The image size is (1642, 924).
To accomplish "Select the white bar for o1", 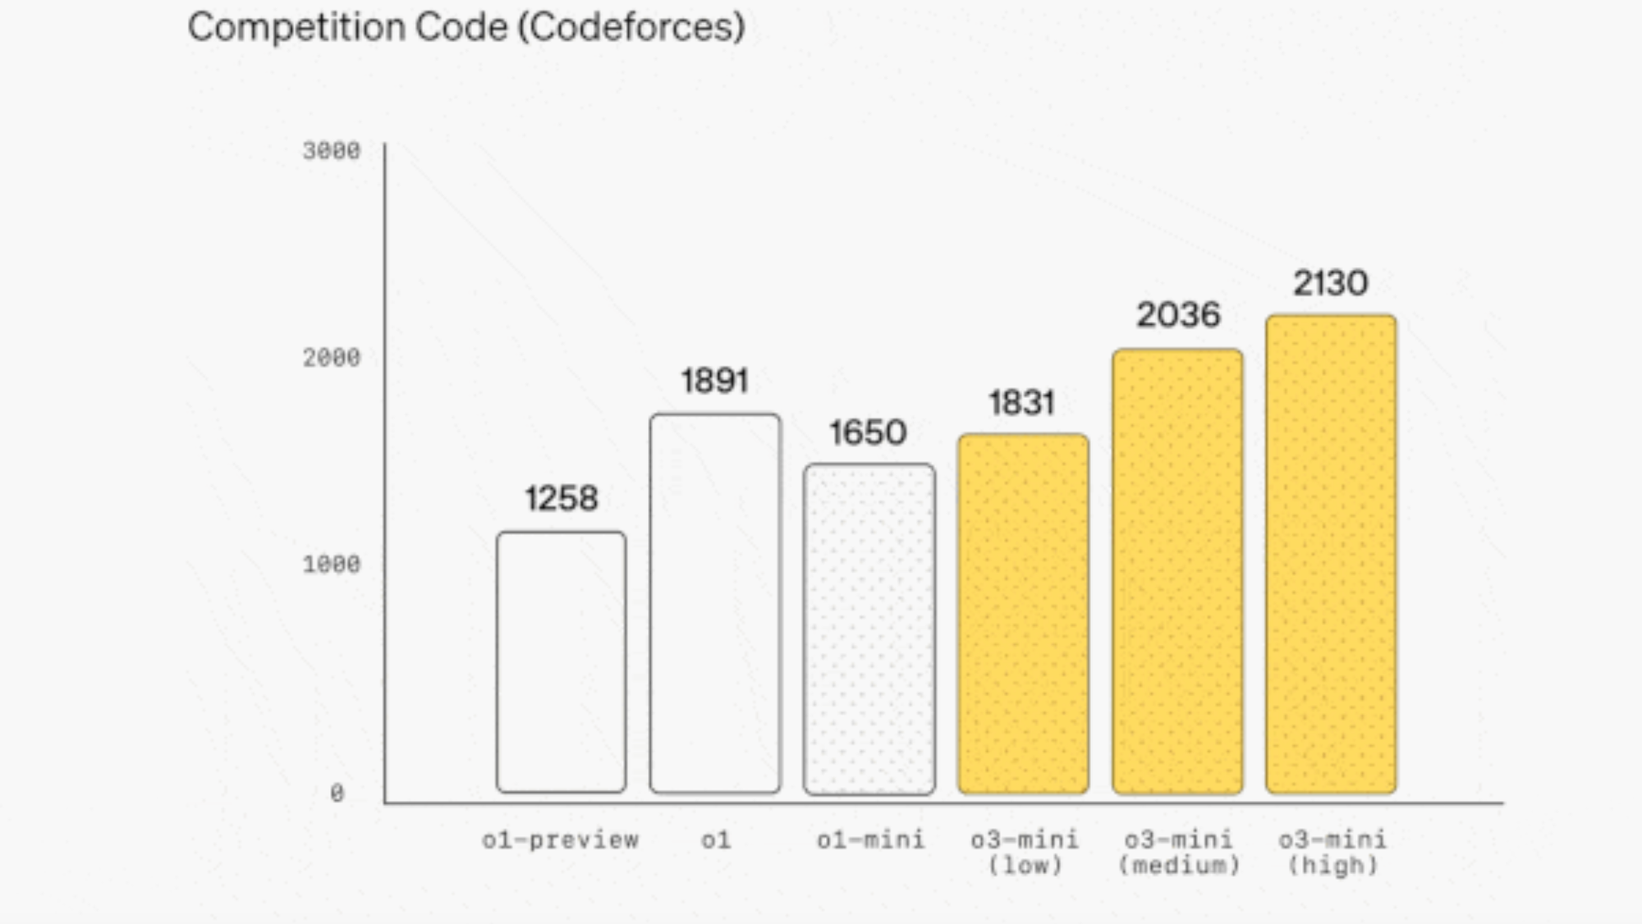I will coord(715,603).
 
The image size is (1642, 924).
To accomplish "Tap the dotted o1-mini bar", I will coord(869,629).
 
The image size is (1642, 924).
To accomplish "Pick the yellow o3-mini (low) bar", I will coord(1023,614).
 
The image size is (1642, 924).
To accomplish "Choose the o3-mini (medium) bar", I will coord(1177,571).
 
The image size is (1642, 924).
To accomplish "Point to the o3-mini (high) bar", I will coord(1331,554).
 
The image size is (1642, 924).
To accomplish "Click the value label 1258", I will coord(562,498).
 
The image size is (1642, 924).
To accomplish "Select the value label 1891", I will coord(715,381).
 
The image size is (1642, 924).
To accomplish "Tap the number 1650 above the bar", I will coord(868,432).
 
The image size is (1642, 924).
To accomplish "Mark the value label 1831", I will coord(1021,403).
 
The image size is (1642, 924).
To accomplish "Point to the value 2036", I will coord(1178,315).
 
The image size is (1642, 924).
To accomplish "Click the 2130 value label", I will coord(1331,283).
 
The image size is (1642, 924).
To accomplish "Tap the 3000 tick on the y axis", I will coord(332,151).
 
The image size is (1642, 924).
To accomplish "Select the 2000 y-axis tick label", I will coord(332,358).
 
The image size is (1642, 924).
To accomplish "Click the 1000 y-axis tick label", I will coord(332,565).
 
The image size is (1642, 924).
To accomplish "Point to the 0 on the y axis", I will coord(337,794).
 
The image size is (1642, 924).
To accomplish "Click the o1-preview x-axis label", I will coord(561,840).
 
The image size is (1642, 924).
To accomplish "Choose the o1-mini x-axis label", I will coord(870,840).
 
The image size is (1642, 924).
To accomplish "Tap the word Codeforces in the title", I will coord(631,27).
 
